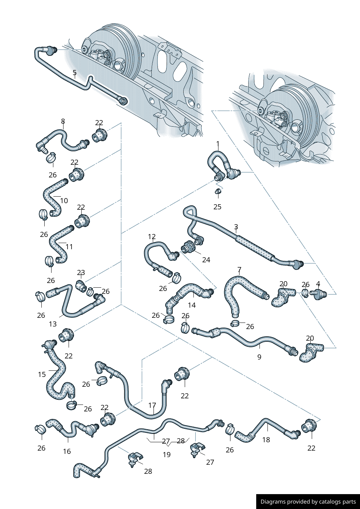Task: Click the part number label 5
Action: pos(74,73)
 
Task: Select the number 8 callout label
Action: pos(63,122)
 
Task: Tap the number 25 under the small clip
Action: pos(217,207)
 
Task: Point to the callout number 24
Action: pos(206,260)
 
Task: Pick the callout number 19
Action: pos(167,455)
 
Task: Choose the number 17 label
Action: pos(152,405)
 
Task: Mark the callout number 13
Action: pos(53,324)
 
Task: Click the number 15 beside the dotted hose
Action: pos(42,374)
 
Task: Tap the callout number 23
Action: pos(81,272)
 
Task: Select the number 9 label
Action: pos(259,357)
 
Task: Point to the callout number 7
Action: pos(239,270)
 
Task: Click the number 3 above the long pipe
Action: pos(236,227)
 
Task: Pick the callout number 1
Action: pos(218,144)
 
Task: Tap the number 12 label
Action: pos(152,237)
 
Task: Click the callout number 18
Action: pos(266,440)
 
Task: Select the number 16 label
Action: pos(67,451)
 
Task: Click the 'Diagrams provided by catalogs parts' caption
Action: pos(308,502)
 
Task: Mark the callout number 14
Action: pos(192,305)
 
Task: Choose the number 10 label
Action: pos(64,201)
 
